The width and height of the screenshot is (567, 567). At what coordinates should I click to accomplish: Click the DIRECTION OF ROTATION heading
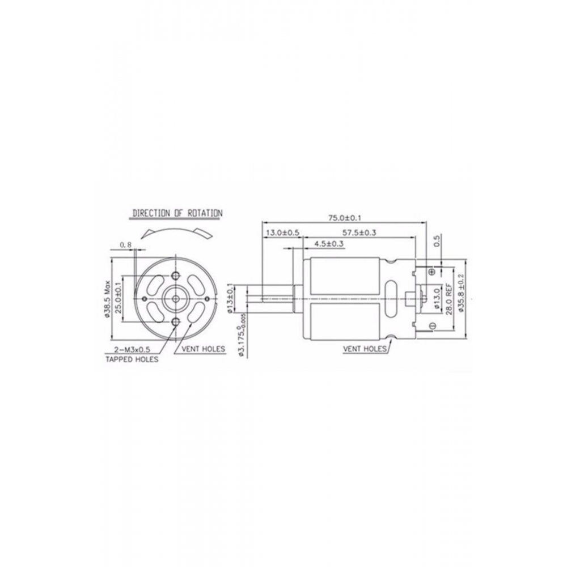tap(177, 213)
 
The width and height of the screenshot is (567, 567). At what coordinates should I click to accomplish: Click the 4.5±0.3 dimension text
tap(321, 244)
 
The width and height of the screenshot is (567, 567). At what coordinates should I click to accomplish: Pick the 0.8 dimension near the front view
tap(126, 245)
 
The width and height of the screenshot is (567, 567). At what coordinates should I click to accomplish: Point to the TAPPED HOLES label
tap(132, 359)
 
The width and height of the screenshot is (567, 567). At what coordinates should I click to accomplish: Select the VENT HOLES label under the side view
tap(364, 349)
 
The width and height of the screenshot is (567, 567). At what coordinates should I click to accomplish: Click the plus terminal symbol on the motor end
tap(433, 272)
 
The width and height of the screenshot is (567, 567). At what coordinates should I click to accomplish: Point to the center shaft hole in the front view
tap(175, 297)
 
